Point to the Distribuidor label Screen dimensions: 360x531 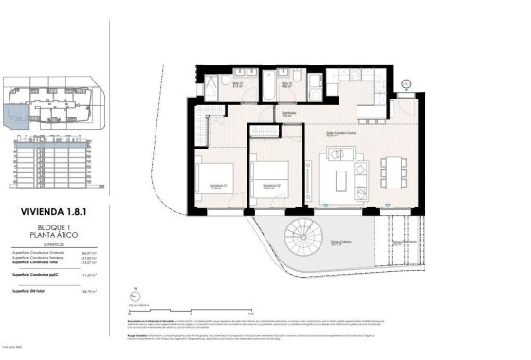288,113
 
